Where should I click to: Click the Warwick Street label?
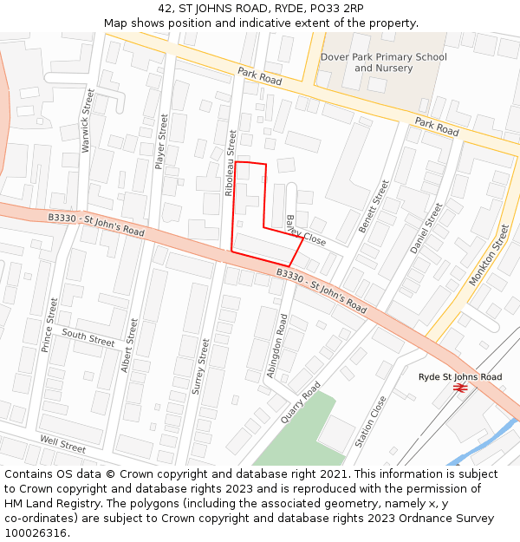click(87, 132)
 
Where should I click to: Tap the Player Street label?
click(160, 141)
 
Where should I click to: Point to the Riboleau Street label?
click(231, 163)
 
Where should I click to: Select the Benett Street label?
click(375, 206)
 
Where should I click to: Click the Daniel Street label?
click(426, 228)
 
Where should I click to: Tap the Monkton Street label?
click(490, 255)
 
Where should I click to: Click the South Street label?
click(88, 338)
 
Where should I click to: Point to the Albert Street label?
click(129, 346)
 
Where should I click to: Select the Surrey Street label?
click(202, 367)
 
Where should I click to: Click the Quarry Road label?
click(300, 402)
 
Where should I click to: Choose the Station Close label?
click(371, 422)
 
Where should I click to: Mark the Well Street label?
click(62, 446)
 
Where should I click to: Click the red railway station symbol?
click(460, 389)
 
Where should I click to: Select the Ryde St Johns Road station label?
click(460, 377)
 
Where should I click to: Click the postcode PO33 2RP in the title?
click(335, 9)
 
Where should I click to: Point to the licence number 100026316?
click(36, 532)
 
